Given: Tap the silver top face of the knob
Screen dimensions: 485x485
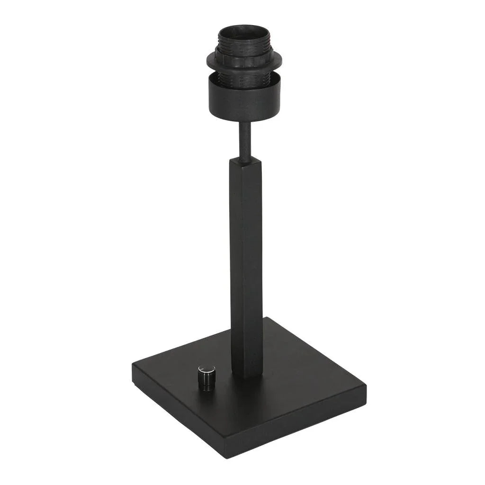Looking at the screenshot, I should coord(206,369).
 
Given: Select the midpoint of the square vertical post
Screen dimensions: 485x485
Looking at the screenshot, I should coord(246,265).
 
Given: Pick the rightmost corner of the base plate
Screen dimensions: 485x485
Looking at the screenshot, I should coord(366,386).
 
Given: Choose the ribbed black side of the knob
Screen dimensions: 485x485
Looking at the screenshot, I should coord(206,383).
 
